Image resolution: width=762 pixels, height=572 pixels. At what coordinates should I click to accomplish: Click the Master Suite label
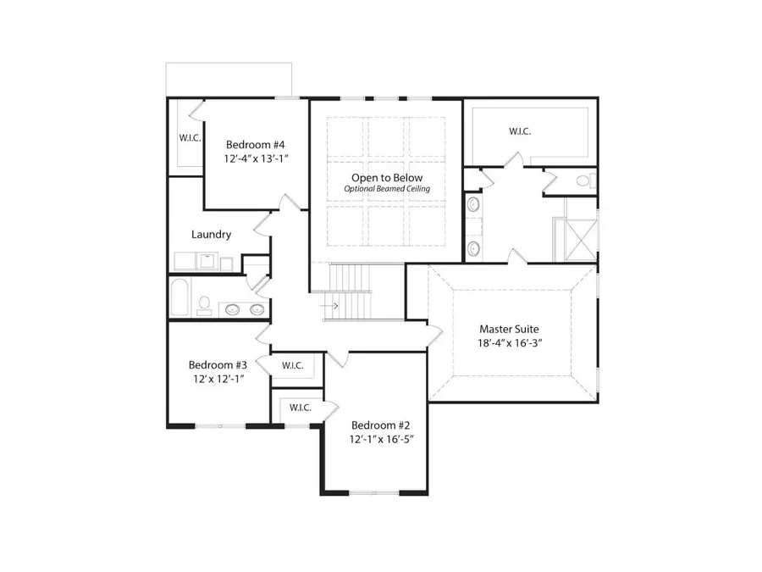coord(509,329)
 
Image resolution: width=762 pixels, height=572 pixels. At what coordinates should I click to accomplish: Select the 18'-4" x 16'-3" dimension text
coord(509,344)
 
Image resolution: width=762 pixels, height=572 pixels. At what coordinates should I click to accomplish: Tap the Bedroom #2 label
coord(381,425)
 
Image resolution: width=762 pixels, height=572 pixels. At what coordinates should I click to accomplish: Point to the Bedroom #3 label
coord(218,364)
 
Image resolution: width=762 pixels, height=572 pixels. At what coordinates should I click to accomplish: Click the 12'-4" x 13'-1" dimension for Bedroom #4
coord(255,158)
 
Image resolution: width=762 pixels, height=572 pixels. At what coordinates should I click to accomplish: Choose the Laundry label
coord(211,235)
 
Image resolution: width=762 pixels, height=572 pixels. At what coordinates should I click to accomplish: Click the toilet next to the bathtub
coord(204,304)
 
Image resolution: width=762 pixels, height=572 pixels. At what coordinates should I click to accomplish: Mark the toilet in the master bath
coord(583,180)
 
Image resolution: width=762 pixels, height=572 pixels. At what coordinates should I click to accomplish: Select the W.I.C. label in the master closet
coord(520,131)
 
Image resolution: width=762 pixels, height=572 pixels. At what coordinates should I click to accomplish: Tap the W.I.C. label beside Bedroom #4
coord(190,137)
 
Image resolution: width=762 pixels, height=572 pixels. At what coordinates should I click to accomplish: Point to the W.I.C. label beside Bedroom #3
coord(293,365)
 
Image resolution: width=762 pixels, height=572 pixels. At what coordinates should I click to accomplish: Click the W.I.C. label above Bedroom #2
coord(301,408)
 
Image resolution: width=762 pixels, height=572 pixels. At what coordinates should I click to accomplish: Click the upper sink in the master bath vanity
coord(472,204)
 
